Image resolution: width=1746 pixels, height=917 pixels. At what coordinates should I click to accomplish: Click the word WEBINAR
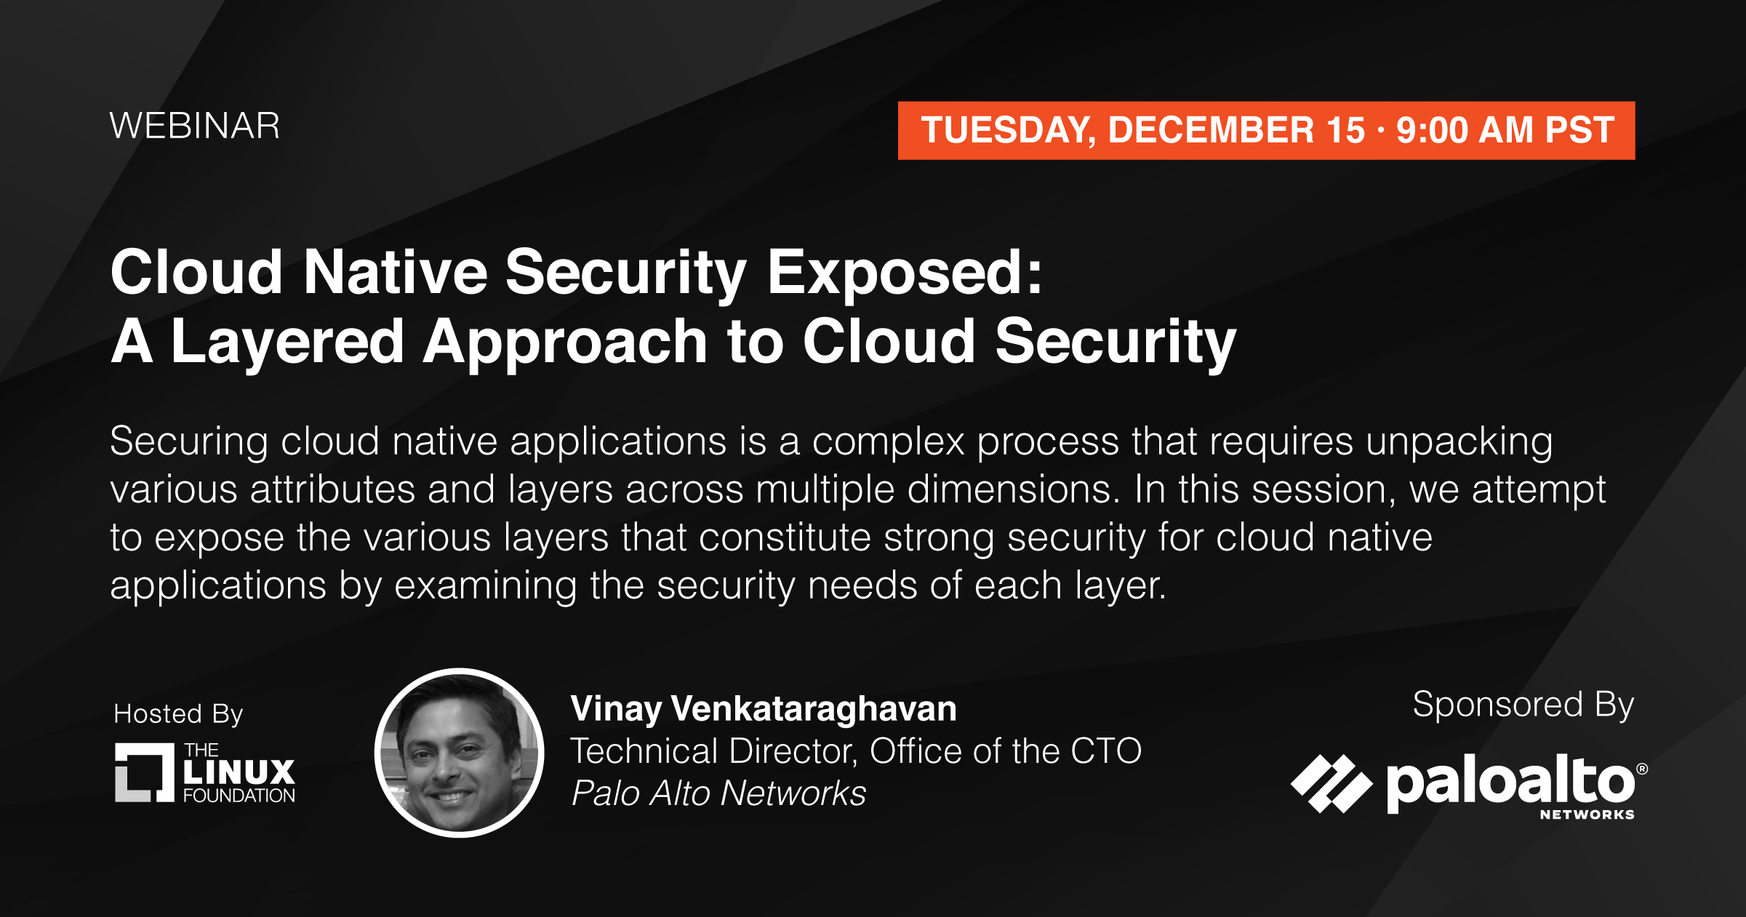pyautogui.click(x=195, y=126)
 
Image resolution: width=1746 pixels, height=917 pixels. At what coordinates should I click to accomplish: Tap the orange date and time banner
pyautogui.click(x=1266, y=130)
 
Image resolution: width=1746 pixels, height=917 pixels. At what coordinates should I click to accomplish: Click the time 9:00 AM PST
pyautogui.click(x=1505, y=130)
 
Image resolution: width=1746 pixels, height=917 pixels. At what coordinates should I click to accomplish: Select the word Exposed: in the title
pyautogui.click(x=905, y=272)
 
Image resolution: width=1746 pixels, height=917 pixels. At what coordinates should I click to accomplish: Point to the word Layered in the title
pyautogui.click(x=287, y=342)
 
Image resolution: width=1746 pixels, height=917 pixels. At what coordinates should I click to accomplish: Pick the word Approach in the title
pyautogui.click(x=566, y=342)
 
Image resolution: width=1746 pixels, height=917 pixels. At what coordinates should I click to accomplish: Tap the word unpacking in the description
pyautogui.click(x=1459, y=442)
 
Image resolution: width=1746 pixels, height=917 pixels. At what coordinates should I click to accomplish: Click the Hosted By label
pyautogui.click(x=178, y=714)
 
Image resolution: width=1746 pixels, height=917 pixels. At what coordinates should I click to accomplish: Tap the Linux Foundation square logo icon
pyautogui.click(x=145, y=772)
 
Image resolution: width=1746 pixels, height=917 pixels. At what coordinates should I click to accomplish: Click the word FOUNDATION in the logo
pyautogui.click(x=239, y=796)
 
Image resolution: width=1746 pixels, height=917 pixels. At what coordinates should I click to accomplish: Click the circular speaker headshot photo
pyautogui.click(x=460, y=753)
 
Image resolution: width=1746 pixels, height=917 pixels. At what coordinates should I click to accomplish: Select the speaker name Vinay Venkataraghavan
pyautogui.click(x=764, y=708)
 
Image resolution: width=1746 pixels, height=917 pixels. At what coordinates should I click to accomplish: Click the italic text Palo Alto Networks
pyautogui.click(x=718, y=793)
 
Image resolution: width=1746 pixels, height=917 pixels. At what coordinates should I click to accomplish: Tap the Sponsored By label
pyautogui.click(x=1523, y=705)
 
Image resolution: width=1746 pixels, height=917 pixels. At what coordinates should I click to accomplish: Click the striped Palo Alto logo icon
pyautogui.click(x=1331, y=783)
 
